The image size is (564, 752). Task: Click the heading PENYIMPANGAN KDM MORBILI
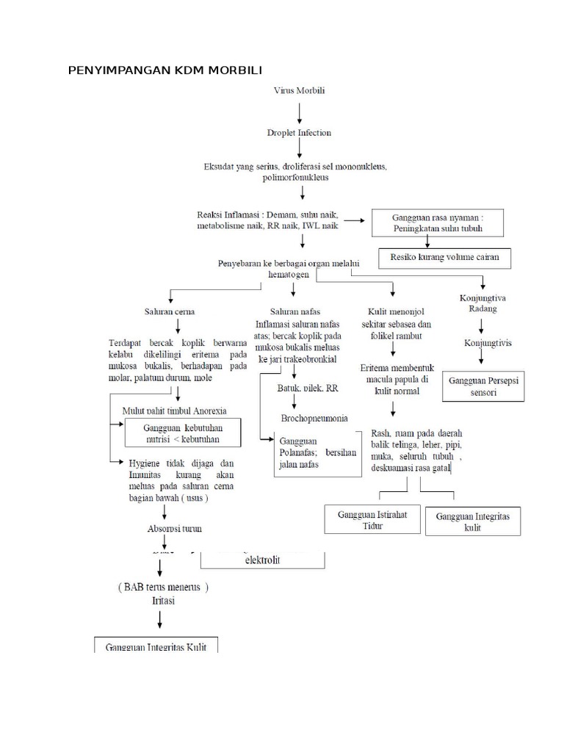pyautogui.click(x=164, y=70)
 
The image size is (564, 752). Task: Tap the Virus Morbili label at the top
pyautogui.click(x=299, y=90)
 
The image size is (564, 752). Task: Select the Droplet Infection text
pyautogui.click(x=299, y=133)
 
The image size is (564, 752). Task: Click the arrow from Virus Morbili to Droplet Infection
pyautogui.click(x=299, y=112)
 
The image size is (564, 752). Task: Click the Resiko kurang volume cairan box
pyautogui.click(x=444, y=258)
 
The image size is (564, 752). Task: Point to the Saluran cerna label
pyautogui.click(x=170, y=311)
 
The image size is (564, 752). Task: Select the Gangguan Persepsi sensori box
pyautogui.click(x=484, y=386)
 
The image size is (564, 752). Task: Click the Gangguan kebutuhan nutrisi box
pyautogui.click(x=182, y=434)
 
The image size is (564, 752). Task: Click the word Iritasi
pyautogui.click(x=163, y=600)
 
